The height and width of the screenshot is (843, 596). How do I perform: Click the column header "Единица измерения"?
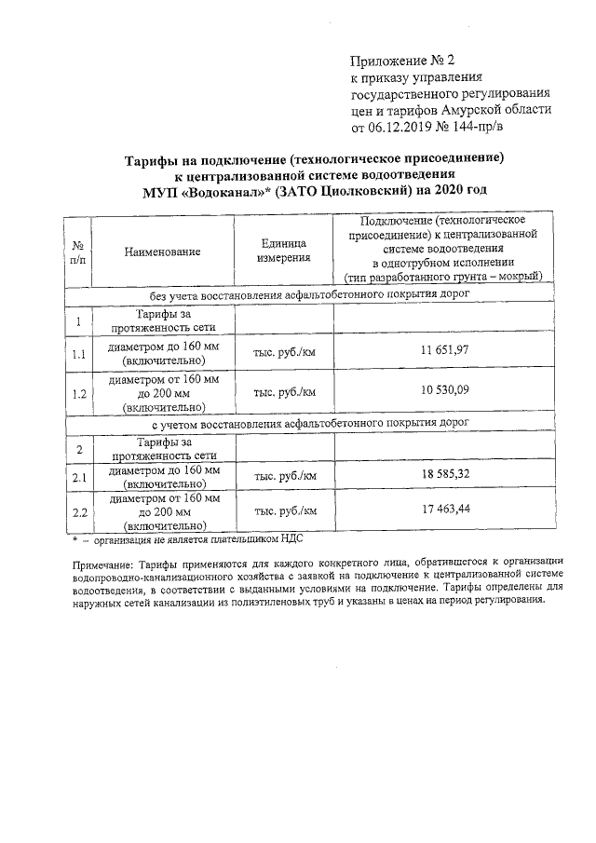tap(284, 251)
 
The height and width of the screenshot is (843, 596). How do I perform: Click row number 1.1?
tap(79, 354)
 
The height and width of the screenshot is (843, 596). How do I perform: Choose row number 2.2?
tap(79, 511)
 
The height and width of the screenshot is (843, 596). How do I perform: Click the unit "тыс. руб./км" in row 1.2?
tap(284, 392)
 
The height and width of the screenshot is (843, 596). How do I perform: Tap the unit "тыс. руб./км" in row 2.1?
tap(284, 476)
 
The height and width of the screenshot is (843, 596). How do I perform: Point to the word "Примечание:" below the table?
tap(103, 564)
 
